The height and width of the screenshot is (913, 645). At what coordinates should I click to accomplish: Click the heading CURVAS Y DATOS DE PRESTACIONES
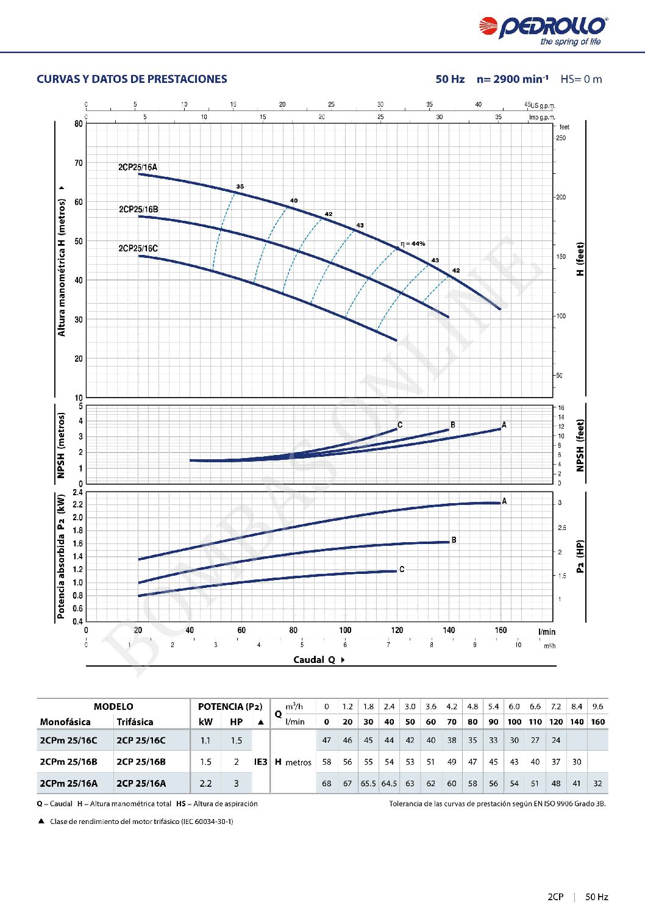[132, 79]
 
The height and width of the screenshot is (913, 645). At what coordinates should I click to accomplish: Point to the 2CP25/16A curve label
[138, 167]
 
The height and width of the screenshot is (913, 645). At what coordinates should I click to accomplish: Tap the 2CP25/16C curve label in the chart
[138, 248]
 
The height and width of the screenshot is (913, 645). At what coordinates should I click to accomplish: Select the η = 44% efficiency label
[413, 244]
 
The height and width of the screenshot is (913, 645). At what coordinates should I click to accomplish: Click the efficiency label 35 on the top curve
[240, 187]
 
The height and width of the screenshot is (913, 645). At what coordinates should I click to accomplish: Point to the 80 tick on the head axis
[79, 124]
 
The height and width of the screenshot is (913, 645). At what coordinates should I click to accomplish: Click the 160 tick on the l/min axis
[501, 630]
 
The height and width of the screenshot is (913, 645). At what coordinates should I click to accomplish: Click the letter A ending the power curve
[504, 501]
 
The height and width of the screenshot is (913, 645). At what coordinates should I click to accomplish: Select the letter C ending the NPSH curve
[400, 425]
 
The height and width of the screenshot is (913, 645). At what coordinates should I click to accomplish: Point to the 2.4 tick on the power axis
[77, 492]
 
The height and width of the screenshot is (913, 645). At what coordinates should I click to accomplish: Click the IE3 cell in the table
[260, 762]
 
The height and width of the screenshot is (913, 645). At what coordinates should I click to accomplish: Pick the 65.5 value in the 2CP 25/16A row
[368, 784]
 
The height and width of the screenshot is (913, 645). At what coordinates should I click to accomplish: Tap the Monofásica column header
[65, 722]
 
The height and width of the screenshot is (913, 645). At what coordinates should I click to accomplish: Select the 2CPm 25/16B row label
[68, 762]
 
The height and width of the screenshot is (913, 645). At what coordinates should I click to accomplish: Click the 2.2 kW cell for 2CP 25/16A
[205, 784]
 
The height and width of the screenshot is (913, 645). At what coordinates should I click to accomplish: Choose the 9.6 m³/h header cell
[597, 707]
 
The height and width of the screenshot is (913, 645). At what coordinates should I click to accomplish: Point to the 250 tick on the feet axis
[561, 138]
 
